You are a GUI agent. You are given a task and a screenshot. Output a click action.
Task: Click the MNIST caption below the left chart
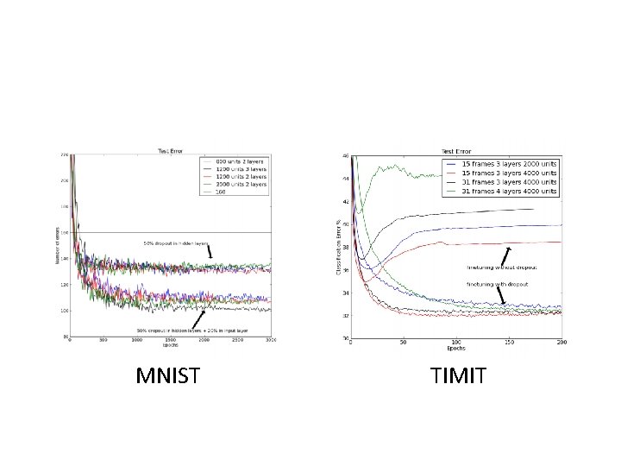[x=171, y=376]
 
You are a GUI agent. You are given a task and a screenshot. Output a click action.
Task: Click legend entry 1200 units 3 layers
[x=237, y=168]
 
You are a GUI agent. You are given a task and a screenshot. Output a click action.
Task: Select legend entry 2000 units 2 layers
[x=237, y=184]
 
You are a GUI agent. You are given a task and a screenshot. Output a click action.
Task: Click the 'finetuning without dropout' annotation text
[x=500, y=268]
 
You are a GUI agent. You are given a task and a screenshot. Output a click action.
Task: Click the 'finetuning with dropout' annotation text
[x=497, y=283]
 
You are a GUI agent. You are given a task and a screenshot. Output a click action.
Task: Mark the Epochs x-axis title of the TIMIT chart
[x=455, y=349]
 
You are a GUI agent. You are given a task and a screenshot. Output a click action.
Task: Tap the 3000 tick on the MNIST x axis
[x=270, y=341]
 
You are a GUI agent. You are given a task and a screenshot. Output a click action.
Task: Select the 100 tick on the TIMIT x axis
[x=455, y=342]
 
